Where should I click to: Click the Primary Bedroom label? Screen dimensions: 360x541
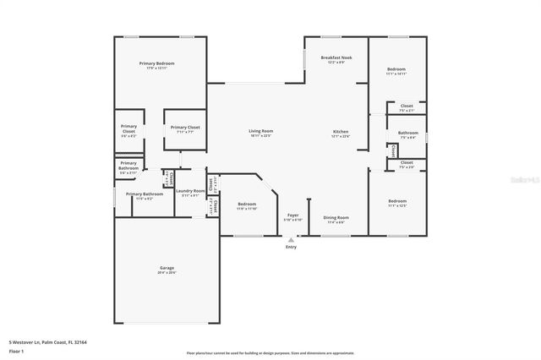pyautogui.click(x=159, y=63)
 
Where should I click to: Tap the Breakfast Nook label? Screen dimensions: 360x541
pyautogui.click(x=336, y=58)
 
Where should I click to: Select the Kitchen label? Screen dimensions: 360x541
pyautogui.click(x=341, y=133)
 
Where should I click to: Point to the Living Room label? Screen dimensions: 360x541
pyautogui.click(x=260, y=131)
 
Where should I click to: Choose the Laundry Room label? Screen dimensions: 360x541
pyautogui.click(x=190, y=191)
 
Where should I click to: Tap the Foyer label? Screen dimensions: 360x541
pyautogui.click(x=292, y=216)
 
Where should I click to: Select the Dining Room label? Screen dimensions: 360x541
pyautogui.click(x=336, y=218)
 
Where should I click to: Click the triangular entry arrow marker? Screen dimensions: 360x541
pyautogui.click(x=291, y=239)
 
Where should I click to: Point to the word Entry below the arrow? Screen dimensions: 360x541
pyautogui.click(x=291, y=247)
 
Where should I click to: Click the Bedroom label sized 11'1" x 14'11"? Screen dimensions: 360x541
pyautogui.click(x=396, y=68)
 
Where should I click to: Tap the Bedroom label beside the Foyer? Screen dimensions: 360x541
pyautogui.click(x=247, y=205)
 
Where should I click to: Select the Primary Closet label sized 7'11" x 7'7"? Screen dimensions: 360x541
pyautogui.click(x=183, y=128)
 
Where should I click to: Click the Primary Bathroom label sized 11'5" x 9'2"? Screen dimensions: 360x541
pyautogui.click(x=145, y=194)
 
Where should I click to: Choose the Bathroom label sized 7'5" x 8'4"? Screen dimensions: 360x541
pyautogui.click(x=408, y=133)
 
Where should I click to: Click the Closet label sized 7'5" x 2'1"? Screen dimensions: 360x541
pyautogui.click(x=407, y=106)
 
